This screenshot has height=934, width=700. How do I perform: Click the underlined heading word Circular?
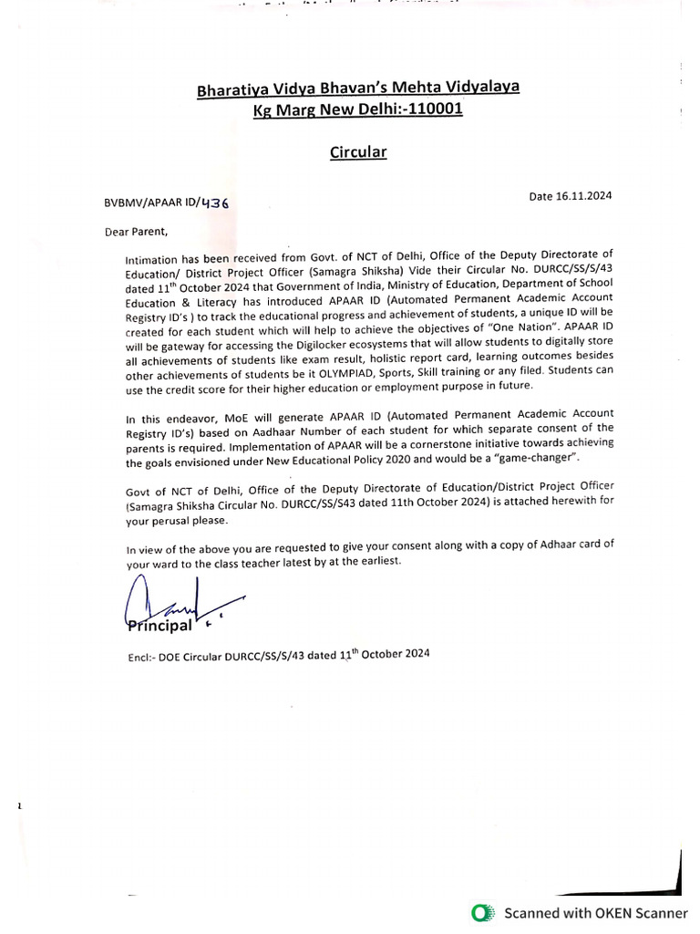(x=358, y=152)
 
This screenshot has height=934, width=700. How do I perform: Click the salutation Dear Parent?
(x=137, y=231)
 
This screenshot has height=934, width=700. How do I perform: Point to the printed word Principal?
(x=160, y=626)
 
